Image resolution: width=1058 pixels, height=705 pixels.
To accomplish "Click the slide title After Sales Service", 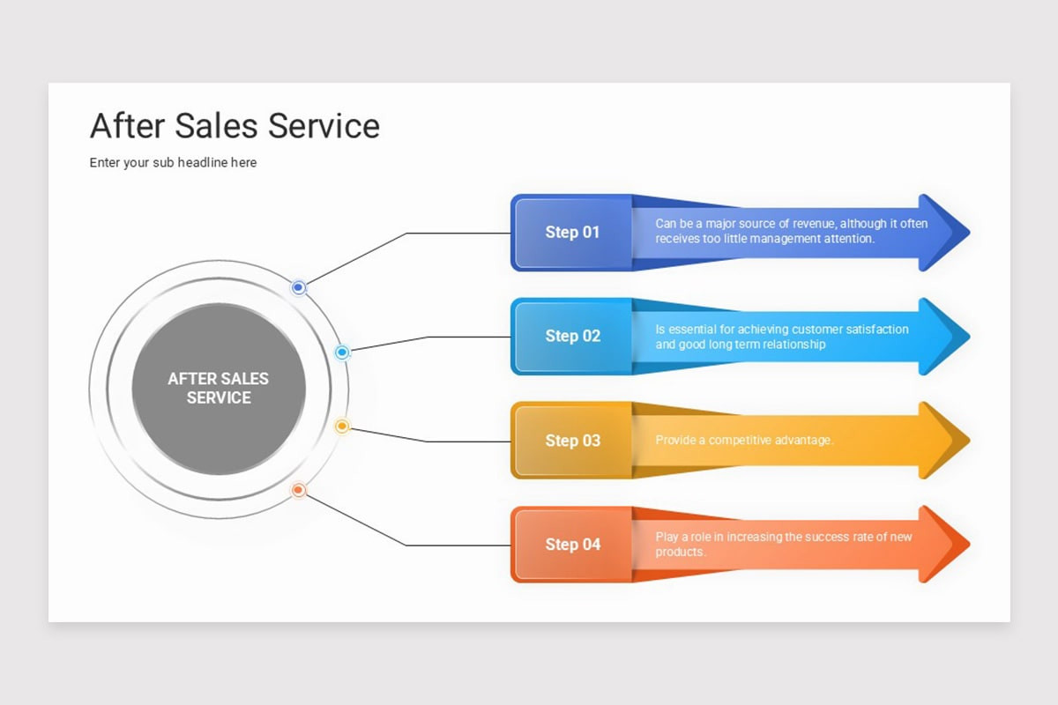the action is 235,126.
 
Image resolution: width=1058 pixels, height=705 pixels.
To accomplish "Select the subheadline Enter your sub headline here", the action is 173,162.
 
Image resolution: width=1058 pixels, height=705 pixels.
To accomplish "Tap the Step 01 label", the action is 572,233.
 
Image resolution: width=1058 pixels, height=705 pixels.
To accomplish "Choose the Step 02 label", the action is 572,337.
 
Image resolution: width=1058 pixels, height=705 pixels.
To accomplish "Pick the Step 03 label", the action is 572,441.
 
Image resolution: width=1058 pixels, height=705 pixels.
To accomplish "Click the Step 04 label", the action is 572,545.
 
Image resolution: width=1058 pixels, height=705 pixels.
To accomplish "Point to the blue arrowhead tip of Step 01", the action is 970,233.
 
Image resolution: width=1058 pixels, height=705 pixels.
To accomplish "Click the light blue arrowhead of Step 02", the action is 944,337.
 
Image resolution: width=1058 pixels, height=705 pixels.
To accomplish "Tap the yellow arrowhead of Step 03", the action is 944,440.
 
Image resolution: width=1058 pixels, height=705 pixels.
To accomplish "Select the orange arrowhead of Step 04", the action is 944,544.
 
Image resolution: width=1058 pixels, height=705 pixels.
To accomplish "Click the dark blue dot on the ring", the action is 298,287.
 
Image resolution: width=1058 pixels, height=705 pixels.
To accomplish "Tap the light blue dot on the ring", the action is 342,352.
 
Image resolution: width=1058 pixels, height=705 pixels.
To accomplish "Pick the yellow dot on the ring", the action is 342,426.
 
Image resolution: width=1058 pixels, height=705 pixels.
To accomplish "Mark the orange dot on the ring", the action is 298,490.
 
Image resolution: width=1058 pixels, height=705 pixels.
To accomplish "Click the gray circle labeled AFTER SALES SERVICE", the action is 219,389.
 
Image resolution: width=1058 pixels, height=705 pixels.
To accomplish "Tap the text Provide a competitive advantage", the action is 744,440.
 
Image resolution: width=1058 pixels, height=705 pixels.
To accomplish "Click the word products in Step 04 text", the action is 680,552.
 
